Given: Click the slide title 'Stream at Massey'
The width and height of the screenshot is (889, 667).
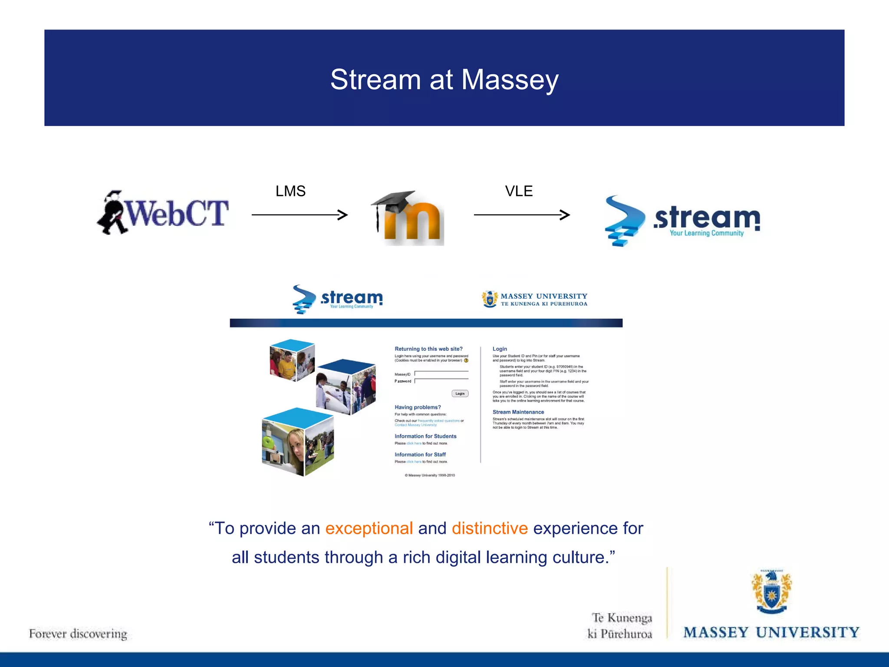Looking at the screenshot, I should [x=444, y=79].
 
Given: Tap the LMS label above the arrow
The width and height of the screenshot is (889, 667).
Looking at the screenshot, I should [x=290, y=191].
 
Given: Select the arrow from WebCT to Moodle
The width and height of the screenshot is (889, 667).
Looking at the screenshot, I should [x=300, y=215].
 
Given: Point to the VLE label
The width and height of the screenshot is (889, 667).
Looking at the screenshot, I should [x=519, y=191].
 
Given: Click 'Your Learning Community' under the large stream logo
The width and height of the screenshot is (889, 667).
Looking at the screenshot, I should [x=706, y=233].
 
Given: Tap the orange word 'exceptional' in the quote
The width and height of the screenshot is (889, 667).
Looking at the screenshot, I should [x=369, y=528].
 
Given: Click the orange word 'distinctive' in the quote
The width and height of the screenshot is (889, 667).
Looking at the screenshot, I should [x=490, y=528].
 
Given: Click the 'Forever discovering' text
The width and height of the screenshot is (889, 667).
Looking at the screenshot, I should [x=78, y=634].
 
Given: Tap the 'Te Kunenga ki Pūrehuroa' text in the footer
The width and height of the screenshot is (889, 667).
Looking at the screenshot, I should [x=621, y=626].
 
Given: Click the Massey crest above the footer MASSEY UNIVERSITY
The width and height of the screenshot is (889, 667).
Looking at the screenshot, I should [x=771, y=592].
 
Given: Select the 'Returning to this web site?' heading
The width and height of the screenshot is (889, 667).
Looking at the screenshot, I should [x=428, y=349].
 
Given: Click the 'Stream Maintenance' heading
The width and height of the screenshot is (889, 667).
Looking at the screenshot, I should [x=518, y=412].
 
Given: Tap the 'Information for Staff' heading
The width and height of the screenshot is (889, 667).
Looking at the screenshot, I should [x=420, y=455].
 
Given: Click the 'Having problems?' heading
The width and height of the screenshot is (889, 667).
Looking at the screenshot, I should [x=418, y=407].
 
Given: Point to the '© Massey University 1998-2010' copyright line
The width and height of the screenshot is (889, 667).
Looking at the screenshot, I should [x=430, y=475].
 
